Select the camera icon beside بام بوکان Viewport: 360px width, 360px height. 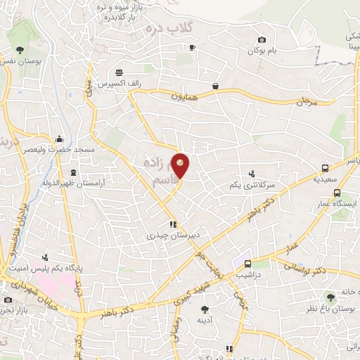click(x=262, y=40)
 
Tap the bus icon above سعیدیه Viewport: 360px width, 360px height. click(x=325, y=169)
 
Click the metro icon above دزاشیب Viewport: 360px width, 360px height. click(x=247, y=264)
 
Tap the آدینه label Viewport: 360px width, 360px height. click(x=205, y=319)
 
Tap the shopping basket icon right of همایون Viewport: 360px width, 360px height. click(x=215, y=87)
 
